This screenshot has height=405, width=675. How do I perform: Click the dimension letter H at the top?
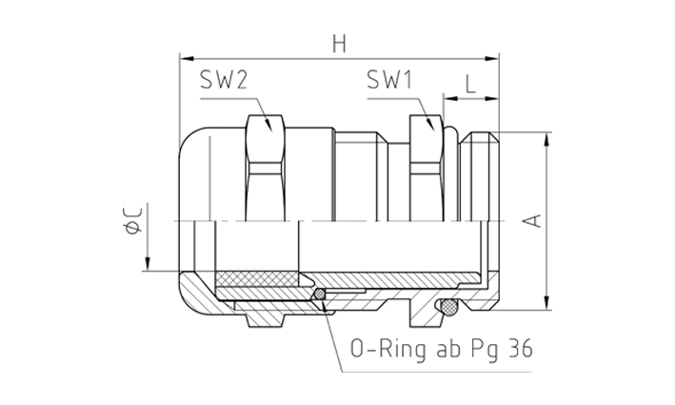coord(339,44)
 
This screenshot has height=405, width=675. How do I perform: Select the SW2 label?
coord(224,80)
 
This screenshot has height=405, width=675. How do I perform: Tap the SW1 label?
coord(389,80)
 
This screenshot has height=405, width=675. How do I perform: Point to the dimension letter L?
coord(470,84)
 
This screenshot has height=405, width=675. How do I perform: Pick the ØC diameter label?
coord(132,220)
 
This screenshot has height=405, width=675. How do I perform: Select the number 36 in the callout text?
coord(521,348)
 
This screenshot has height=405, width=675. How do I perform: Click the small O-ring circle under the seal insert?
coord(320,294)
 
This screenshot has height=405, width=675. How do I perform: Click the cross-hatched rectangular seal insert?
coord(257,279)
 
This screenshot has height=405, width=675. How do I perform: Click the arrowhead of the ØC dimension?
coord(148,264)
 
